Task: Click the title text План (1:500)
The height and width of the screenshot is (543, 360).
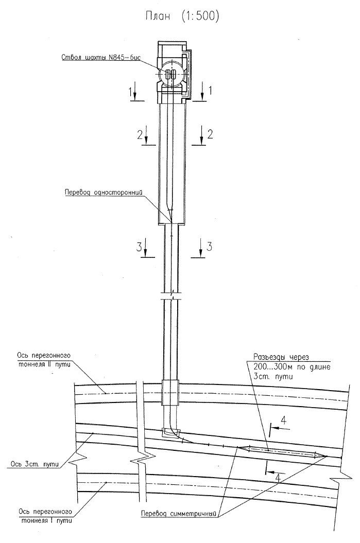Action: (182, 16)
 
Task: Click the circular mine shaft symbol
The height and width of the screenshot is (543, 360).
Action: (170, 75)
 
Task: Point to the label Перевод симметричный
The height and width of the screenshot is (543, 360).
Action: (178, 514)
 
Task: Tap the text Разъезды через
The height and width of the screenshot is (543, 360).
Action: (281, 357)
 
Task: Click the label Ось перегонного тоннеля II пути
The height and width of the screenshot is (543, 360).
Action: (44, 359)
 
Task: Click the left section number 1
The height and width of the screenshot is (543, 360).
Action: (130, 92)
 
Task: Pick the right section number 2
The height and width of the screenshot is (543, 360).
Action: (210, 134)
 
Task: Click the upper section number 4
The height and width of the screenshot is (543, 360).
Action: (283, 421)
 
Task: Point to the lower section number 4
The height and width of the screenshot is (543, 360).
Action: (277, 478)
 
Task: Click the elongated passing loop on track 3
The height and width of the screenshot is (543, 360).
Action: (282, 451)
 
